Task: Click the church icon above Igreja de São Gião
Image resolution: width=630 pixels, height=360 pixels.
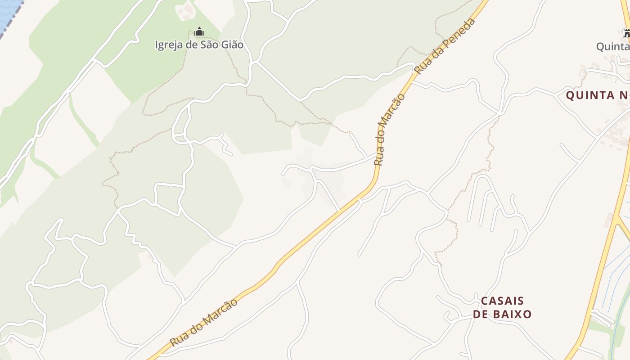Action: coord(199,32)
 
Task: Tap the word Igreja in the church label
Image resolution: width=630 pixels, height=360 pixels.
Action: coord(169,45)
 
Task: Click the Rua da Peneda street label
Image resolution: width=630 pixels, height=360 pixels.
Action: coord(445,46)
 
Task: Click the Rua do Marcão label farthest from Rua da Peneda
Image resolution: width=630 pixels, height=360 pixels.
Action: coord(204,323)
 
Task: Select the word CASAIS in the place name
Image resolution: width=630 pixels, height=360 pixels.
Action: coord(502,301)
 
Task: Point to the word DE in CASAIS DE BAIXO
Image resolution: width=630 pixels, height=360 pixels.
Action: coord(480,314)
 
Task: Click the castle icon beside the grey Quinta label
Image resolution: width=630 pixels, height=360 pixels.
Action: coord(626,33)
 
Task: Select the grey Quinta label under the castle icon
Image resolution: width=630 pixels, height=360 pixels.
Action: coord(612,46)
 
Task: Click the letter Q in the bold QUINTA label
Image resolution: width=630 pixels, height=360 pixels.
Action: coord(570,95)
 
